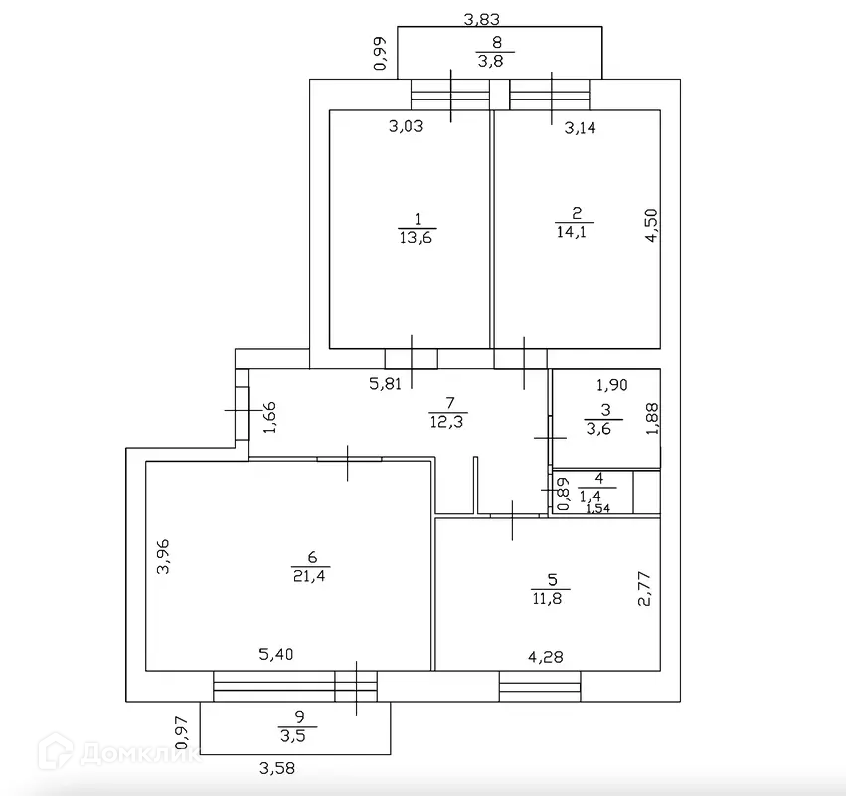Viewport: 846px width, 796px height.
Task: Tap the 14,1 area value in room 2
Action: tap(576, 232)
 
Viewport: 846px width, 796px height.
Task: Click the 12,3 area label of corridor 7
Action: tap(449, 420)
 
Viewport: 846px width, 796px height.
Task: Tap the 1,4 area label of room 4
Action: tap(597, 495)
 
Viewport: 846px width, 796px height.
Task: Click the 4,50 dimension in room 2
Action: tap(652, 224)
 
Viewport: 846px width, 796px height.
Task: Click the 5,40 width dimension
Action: tap(277, 654)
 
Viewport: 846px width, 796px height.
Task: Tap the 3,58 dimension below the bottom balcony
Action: tap(277, 767)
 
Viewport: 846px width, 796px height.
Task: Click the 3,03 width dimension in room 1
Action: tap(406, 126)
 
